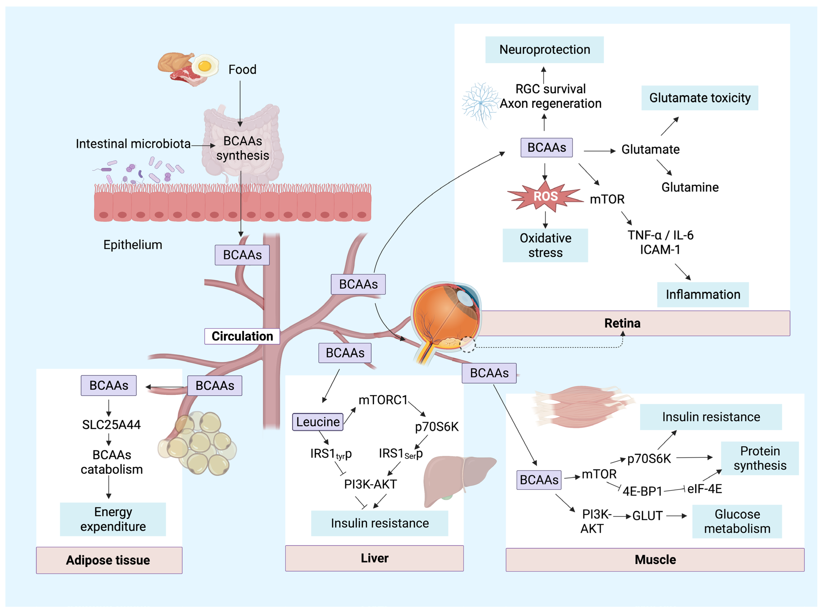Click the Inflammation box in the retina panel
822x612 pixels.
(702, 294)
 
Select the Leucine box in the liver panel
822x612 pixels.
(317, 422)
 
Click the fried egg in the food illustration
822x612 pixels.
(204, 66)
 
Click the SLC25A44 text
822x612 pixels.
(111, 425)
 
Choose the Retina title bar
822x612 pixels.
(622, 323)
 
